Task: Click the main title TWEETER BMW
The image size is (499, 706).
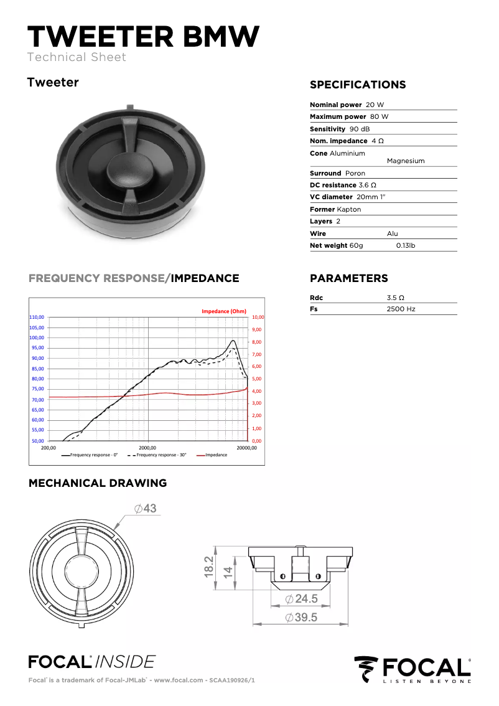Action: [143, 37]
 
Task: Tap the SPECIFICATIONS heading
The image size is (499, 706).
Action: [357, 85]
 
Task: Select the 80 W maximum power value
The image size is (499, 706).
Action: [379, 116]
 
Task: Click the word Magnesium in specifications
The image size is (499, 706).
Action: [406, 161]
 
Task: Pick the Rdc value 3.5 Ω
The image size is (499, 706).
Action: [396, 298]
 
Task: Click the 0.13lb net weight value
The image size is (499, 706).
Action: [406, 245]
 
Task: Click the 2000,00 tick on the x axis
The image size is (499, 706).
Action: [147, 447]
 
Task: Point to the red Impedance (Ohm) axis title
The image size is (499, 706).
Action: [224, 311]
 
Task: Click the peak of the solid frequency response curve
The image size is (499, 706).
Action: [233, 341]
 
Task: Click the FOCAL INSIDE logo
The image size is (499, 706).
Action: [91, 661]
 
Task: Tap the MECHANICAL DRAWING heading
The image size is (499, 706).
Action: [98, 483]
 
